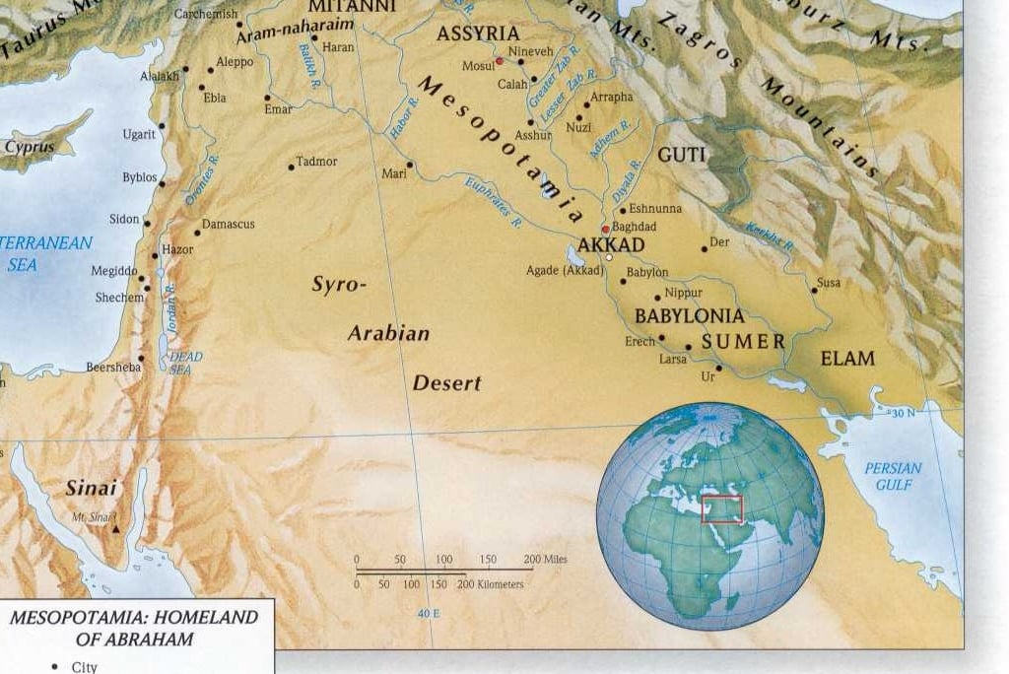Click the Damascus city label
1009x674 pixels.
pyautogui.click(x=229, y=225)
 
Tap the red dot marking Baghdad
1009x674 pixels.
pyautogui.click(x=605, y=230)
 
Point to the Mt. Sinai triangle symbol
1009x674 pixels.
pyautogui.click(x=116, y=529)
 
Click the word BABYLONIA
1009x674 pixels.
pyautogui.click(x=689, y=316)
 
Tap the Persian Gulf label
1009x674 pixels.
pyautogui.click(x=893, y=476)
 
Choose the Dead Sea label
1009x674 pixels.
pyautogui.click(x=185, y=363)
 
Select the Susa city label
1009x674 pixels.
pyautogui.click(x=829, y=283)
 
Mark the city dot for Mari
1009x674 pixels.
pyautogui.click(x=410, y=165)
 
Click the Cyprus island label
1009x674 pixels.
pyautogui.click(x=30, y=147)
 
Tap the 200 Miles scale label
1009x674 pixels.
pyautogui.click(x=545, y=560)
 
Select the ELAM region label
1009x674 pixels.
pyautogui.click(x=847, y=359)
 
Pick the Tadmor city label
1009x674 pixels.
pyautogui.click(x=317, y=162)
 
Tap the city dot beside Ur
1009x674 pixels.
pyautogui.click(x=719, y=369)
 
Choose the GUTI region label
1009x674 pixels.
pyautogui.click(x=682, y=155)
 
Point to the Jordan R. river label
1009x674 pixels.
pyautogui.click(x=169, y=304)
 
